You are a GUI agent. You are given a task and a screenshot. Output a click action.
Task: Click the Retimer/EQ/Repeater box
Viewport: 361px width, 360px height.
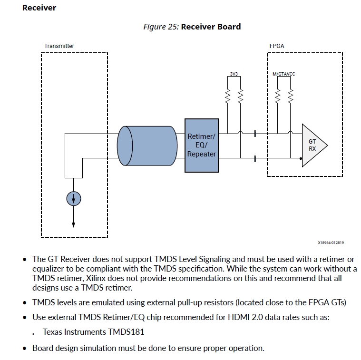(201, 146)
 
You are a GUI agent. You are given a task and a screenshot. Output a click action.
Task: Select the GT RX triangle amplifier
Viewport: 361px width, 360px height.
(313, 145)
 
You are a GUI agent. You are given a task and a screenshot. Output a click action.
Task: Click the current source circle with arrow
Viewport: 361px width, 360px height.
(73, 199)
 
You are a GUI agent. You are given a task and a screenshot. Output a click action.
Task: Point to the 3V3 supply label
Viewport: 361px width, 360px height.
(234, 74)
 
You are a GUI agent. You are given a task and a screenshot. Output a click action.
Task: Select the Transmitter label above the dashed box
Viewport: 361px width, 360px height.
(59, 46)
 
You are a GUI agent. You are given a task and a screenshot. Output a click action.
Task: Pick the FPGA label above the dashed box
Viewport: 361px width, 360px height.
(277, 46)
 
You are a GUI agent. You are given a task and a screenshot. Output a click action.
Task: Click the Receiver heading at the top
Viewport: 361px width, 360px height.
(39, 8)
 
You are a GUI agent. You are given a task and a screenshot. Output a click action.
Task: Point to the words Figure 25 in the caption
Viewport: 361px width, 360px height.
(161, 27)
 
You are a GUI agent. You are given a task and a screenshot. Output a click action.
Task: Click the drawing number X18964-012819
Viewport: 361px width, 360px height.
(331, 243)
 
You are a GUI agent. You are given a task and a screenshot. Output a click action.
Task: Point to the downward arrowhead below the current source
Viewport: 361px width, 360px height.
(73, 224)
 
